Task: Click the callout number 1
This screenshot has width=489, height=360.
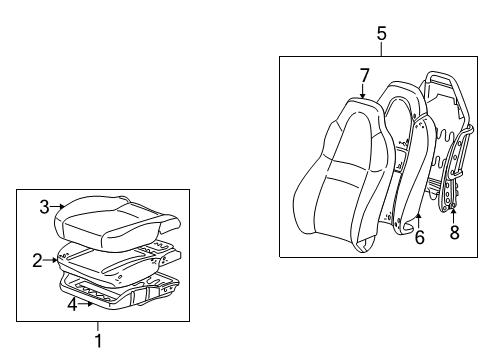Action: point(98,340)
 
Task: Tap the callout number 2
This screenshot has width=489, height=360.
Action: point(37,261)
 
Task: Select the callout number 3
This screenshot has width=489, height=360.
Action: point(44,207)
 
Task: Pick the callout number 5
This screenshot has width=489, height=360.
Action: point(381,34)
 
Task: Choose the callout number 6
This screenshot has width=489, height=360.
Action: point(420,236)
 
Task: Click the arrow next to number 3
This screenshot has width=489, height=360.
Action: point(59,208)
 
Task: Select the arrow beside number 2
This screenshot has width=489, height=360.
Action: point(50,261)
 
